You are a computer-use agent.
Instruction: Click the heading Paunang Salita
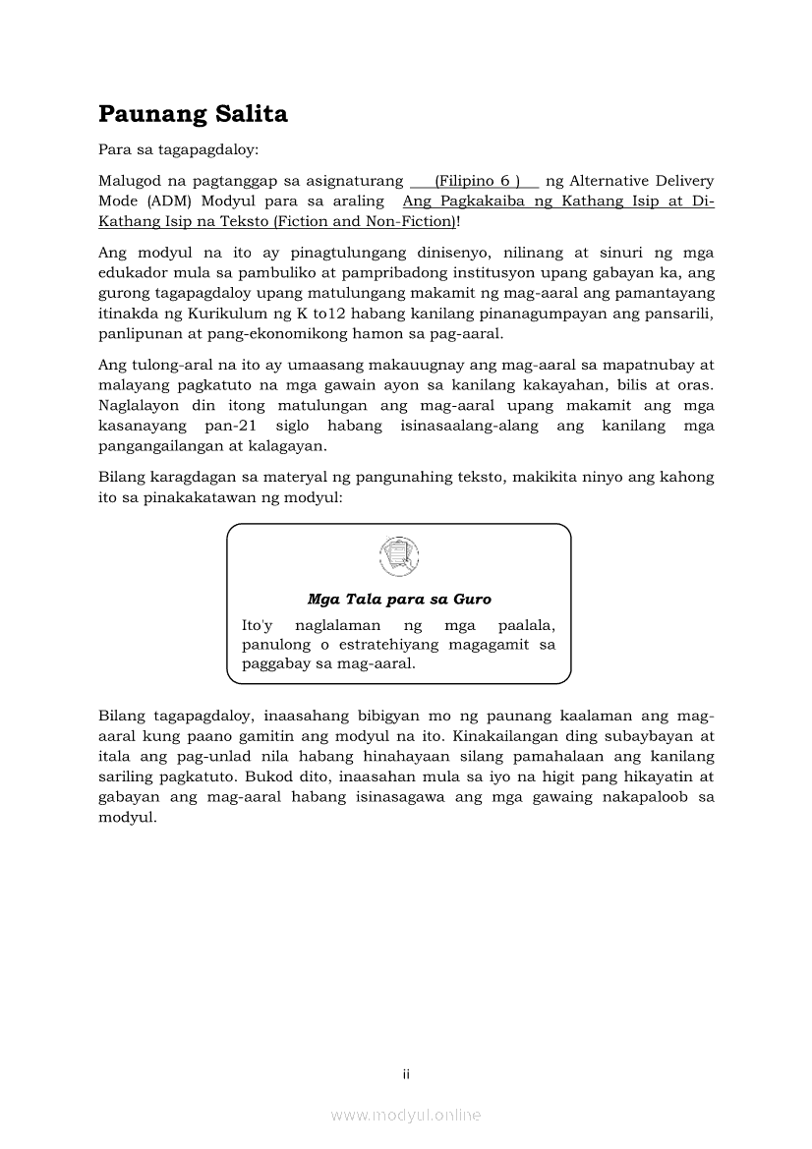coord(193,114)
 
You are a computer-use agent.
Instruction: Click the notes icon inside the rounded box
coord(398,556)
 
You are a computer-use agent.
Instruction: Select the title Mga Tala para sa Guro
coord(398,599)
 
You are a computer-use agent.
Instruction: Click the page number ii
coord(406,1074)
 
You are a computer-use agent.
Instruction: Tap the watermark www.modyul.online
coord(406,1115)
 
